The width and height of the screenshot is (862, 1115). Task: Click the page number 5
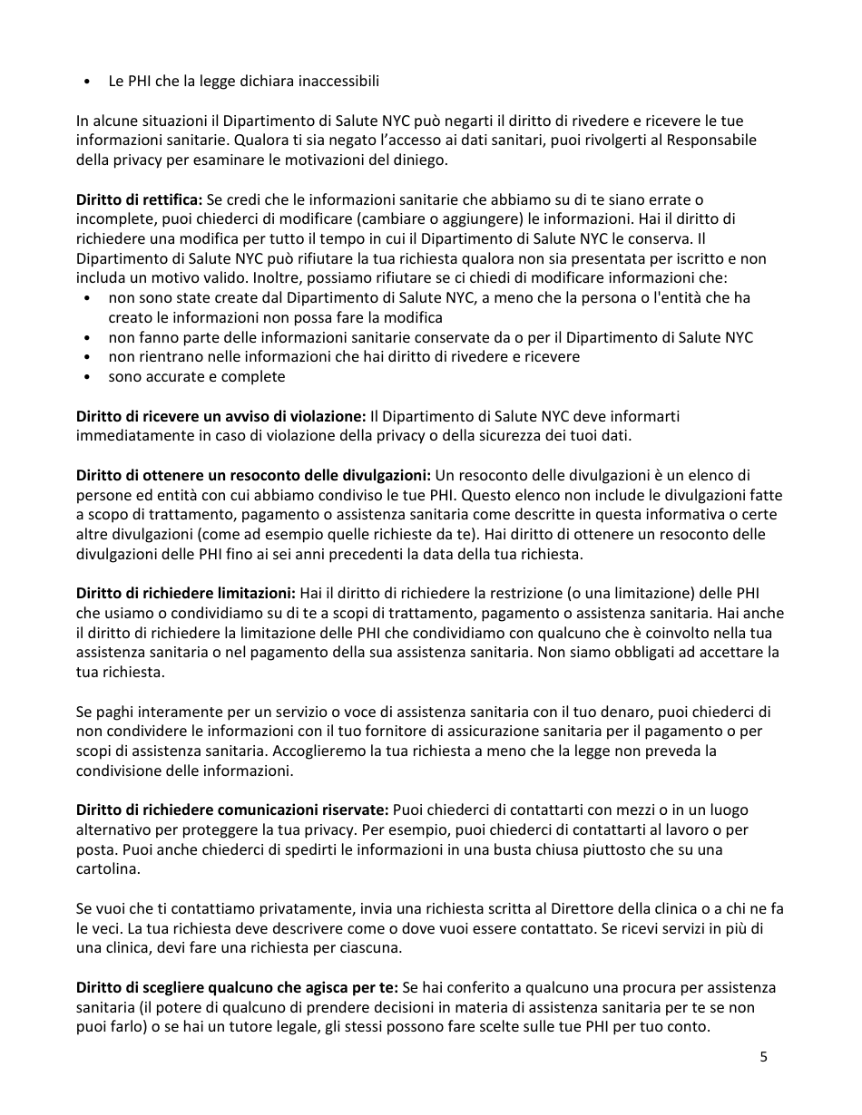[763, 1056]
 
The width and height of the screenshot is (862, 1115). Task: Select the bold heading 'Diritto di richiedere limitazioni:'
[186, 593]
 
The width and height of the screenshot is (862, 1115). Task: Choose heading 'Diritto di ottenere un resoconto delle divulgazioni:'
[253, 475]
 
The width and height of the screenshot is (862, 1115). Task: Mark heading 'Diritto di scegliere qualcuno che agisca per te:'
[237, 987]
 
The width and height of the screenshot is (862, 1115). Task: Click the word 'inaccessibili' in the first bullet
[339, 82]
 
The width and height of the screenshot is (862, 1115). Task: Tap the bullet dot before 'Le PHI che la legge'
[85, 82]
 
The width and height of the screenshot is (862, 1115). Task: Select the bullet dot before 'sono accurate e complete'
[85, 377]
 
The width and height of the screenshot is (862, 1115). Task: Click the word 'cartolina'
[108, 869]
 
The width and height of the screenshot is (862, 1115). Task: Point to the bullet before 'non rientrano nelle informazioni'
[85, 357]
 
